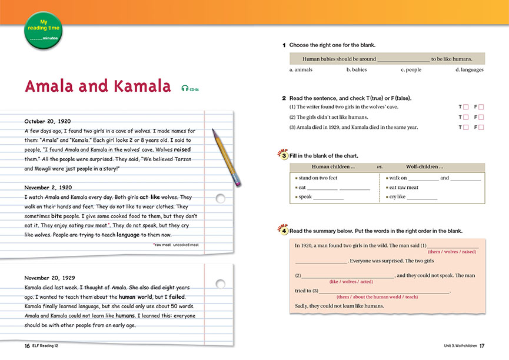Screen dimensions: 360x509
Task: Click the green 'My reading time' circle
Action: click(42, 30)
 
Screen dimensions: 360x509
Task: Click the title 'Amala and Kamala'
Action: click(98, 86)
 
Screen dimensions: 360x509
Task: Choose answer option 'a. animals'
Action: click(301, 70)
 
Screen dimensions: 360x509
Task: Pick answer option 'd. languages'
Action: click(469, 70)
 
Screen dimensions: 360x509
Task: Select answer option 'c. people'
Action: click(411, 70)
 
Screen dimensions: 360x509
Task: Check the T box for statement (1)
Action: click(465, 107)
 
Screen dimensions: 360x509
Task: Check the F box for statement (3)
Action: click(481, 127)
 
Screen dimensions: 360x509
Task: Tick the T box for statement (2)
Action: click(465, 117)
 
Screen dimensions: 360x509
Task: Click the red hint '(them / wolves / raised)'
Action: click(452, 252)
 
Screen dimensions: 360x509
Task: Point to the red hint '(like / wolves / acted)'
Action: click(351, 282)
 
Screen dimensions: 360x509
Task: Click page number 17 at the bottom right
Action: click(481, 345)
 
